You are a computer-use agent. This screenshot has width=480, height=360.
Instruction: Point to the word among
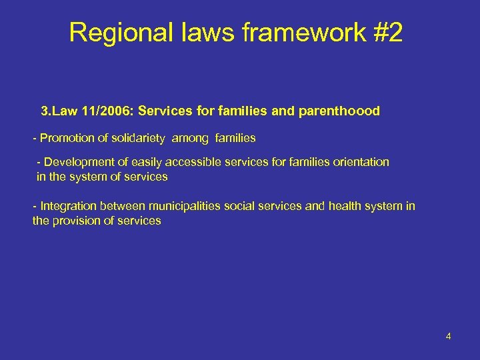191,138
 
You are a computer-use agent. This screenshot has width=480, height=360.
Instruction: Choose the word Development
76,162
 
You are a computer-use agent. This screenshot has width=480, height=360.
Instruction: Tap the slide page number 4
449,336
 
